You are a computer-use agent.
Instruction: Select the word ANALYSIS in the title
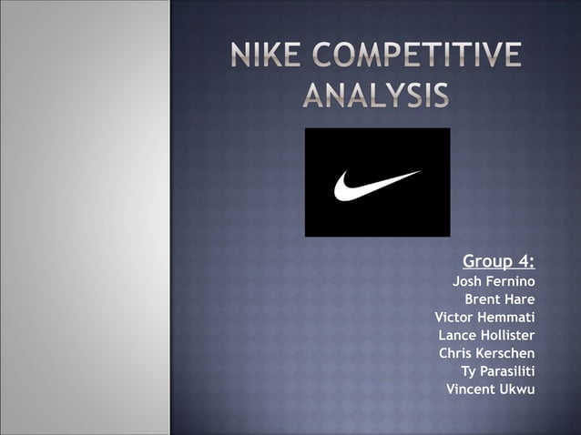375,94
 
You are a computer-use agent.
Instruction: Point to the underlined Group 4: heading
498,262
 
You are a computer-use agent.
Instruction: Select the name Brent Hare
500,299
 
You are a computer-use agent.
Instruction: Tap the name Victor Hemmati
484,318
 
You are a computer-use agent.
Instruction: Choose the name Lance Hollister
486,336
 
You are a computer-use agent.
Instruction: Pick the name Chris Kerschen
487,353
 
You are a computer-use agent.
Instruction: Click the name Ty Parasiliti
498,371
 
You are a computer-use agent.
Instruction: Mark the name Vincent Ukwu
490,389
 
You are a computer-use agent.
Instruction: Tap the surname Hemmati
506,318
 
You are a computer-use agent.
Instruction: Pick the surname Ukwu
516,389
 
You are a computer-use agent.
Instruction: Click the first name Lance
458,336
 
